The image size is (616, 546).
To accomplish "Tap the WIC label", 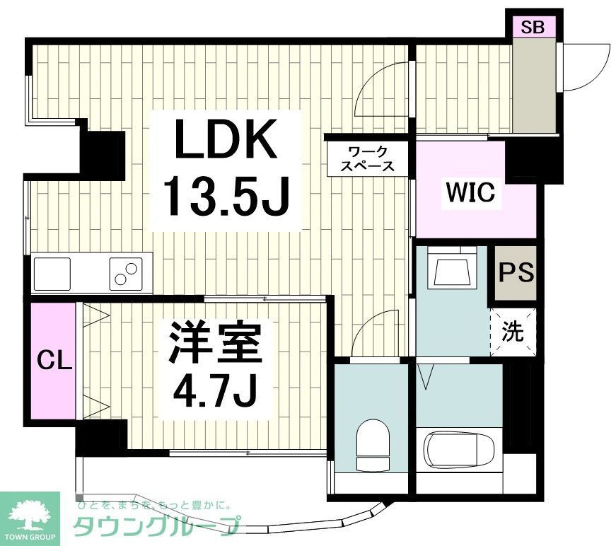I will coord(470,192).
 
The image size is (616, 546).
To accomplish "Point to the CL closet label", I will coord(54,361).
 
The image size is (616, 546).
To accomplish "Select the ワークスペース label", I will coord(366,158).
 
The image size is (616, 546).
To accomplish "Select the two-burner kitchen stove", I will coord(125,273).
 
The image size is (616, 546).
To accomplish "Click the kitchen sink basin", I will coord(52,273).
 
